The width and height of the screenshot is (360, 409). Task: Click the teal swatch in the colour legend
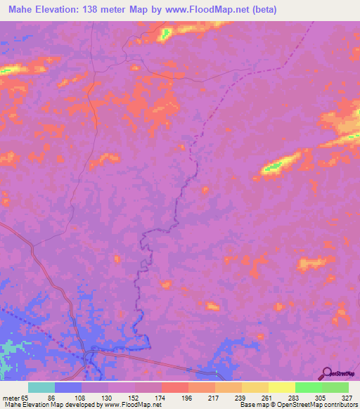pyautogui.click(x=41, y=387)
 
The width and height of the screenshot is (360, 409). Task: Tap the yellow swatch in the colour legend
pyautogui.click(x=281, y=387)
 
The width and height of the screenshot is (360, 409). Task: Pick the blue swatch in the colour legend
pyautogui.click(x=68, y=387)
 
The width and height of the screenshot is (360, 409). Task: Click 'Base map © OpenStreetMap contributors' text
pyautogui.click(x=297, y=405)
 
